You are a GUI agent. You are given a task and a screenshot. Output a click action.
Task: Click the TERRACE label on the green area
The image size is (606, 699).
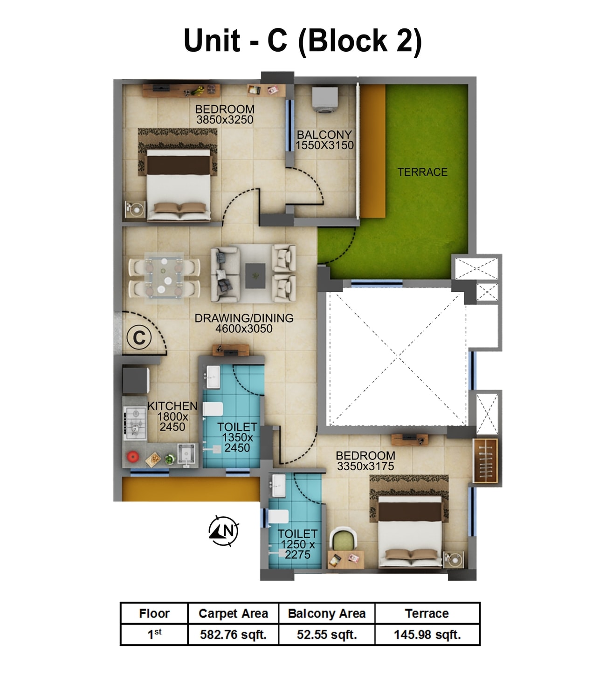(422, 172)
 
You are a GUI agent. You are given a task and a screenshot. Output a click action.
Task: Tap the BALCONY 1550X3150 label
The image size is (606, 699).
(324, 140)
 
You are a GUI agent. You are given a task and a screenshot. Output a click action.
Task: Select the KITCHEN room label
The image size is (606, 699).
(172, 406)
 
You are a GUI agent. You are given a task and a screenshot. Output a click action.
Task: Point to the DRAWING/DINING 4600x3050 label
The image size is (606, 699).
(244, 323)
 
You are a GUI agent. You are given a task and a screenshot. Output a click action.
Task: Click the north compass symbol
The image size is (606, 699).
(224, 531)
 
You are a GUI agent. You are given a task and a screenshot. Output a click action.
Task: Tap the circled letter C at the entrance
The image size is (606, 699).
(139, 337)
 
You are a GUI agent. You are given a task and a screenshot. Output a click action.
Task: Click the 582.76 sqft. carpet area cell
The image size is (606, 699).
(233, 635)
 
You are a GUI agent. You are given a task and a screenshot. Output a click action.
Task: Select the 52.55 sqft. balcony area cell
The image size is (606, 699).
(327, 635)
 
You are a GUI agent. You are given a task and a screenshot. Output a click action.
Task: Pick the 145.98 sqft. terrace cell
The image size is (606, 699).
(427, 635)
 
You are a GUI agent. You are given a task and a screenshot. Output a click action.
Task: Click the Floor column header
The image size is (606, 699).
(154, 614)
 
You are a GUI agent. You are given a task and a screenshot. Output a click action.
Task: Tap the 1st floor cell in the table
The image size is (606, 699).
(154, 634)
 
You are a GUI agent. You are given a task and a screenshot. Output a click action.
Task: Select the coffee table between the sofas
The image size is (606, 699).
(255, 273)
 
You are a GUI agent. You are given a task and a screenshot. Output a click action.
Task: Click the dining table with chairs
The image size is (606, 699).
(164, 275)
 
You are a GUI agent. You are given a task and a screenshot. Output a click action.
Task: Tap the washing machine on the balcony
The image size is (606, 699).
(324, 100)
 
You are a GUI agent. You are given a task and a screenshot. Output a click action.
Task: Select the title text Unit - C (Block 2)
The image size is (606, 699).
(303, 41)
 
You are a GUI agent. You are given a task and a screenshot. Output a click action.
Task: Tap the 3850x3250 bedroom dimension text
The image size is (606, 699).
(225, 120)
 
